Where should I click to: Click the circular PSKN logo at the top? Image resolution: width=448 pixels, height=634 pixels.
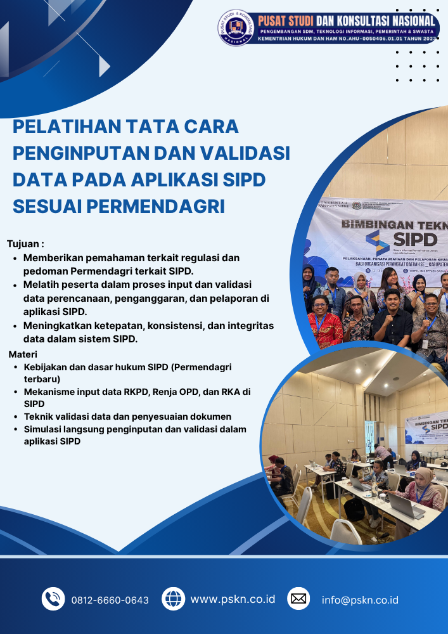pyautogui.click(x=236, y=27)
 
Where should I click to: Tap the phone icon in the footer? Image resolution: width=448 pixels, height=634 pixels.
pyautogui.click(x=53, y=599)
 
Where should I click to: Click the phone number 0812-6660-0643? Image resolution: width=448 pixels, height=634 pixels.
pyautogui.click(x=110, y=600)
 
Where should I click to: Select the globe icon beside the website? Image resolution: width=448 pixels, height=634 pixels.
pyautogui.click(x=173, y=598)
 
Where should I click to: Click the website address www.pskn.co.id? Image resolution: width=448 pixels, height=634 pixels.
pyautogui.click(x=233, y=598)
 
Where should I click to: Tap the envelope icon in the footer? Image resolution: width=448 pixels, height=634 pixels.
pyautogui.click(x=298, y=598)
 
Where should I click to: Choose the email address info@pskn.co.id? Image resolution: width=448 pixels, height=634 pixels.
pyautogui.click(x=360, y=600)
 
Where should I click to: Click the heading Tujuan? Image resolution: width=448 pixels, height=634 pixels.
pyautogui.click(x=25, y=243)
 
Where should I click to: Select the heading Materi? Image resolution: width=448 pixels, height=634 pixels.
pyautogui.click(x=23, y=354)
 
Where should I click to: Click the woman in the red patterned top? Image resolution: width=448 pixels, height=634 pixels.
pyautogui.click(x=326, y=324)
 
